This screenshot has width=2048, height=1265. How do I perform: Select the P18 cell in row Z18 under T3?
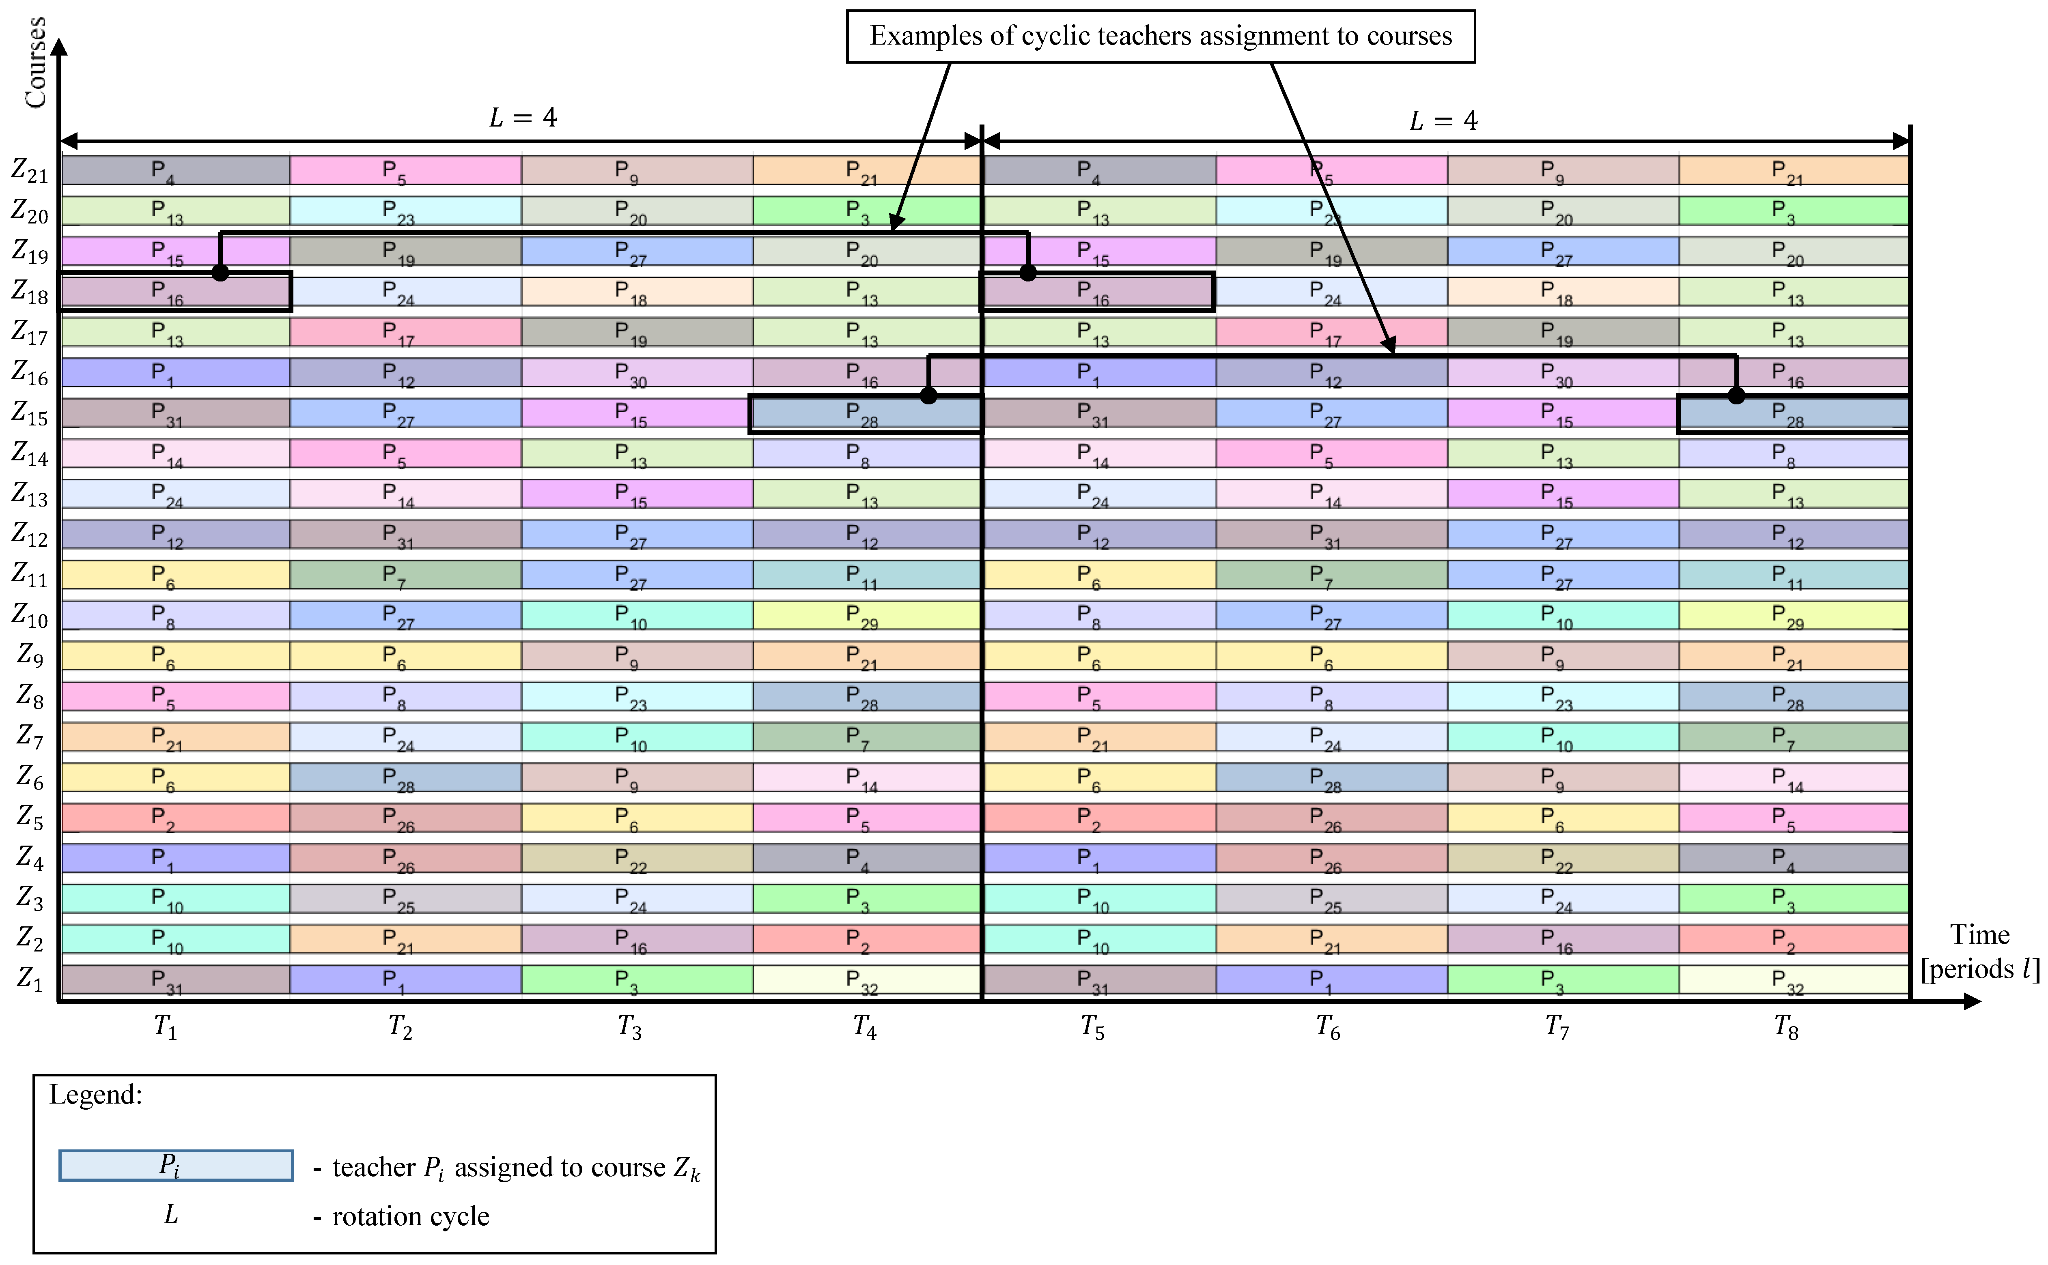click(x=636, y=291)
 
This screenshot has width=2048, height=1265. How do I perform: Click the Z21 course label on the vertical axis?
click(x=30, y=171)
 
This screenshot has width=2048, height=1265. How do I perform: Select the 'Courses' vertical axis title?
click(x=35, y=63)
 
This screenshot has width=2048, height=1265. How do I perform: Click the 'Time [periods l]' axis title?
click(x=1979, y=952)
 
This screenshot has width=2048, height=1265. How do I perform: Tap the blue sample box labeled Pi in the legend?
click(x=176, y=1166)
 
